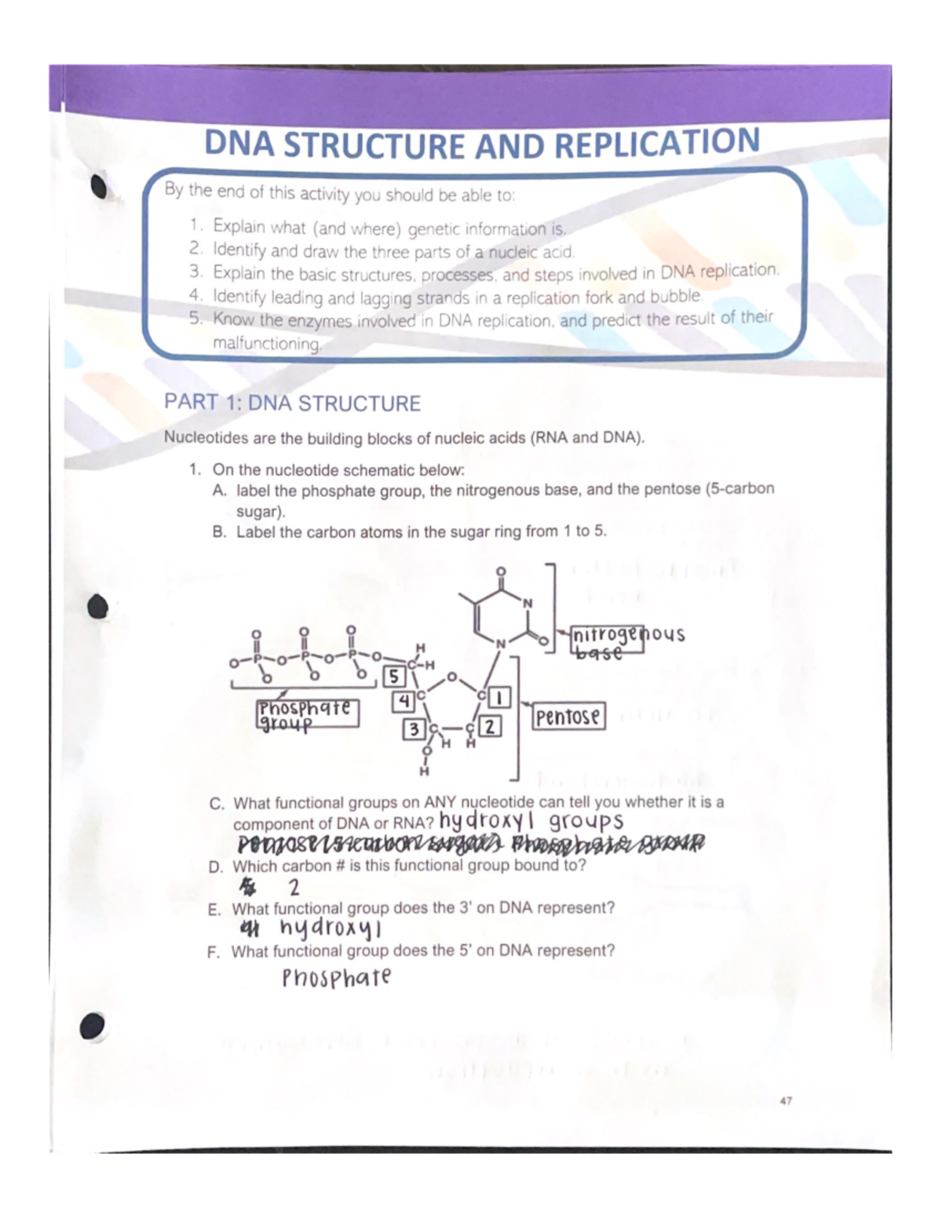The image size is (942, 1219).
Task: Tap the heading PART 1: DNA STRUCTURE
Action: [x=292, y=403]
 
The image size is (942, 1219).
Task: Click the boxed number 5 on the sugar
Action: [x=393, y=677]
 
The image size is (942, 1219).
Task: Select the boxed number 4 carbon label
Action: [x=403, y=700]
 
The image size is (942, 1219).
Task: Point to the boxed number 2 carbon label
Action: [x=490, y=726]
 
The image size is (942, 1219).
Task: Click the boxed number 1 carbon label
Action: [x=500, y=696]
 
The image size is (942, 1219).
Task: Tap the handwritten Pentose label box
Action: [x=568, y=717]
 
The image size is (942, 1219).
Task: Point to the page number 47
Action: [x=786, y=1101]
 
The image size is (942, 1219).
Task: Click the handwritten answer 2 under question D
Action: [x=294, y=889]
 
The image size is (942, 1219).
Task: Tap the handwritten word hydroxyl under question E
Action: [x=330, y=929]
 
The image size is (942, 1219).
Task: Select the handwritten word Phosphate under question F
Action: [x=337, y=979]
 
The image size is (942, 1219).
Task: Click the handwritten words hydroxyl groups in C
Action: [x=531, y=822]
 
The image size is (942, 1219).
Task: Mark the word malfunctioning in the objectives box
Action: [x=267, y=344]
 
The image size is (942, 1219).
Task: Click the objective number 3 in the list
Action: [x=195, y=272]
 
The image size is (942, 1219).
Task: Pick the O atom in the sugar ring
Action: [x=451, y=676]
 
